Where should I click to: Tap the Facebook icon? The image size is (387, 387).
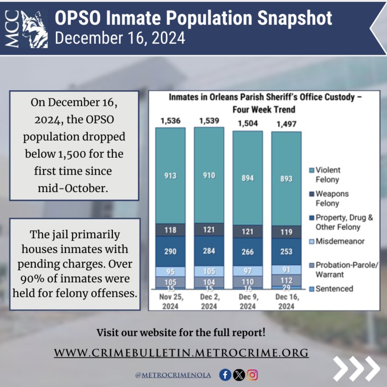225,374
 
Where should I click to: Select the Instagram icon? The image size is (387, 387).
252,374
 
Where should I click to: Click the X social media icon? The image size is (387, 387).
239,374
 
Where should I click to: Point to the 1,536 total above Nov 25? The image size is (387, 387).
170,121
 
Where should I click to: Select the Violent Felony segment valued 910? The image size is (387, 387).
209,175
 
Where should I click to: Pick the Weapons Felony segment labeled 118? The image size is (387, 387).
170,230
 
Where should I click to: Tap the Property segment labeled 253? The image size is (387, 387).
286,251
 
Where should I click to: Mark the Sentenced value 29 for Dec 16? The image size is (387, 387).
286,287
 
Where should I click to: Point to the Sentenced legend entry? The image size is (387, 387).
334,289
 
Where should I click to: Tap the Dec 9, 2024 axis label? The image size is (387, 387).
247,302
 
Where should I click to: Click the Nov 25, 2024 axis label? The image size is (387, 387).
170,302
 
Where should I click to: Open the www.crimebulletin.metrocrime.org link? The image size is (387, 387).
181,352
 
